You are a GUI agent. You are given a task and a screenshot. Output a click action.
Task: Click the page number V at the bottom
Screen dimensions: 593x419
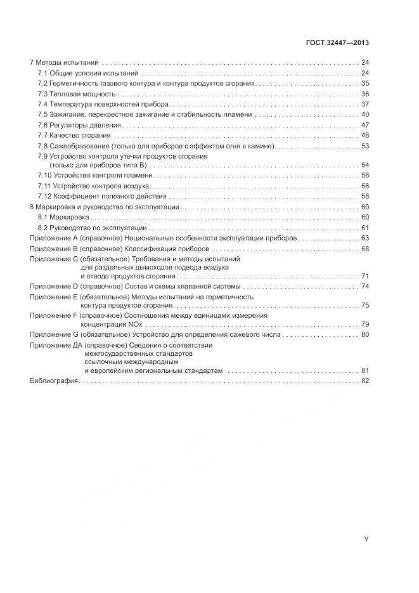tap(366, 538)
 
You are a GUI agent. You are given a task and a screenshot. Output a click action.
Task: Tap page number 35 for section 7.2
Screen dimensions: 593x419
tap(364, 84)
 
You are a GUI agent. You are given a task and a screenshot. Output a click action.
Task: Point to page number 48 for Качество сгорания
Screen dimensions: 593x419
tap(364, 135)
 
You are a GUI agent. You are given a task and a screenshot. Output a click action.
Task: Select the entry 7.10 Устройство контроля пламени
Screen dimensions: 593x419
tap(95, 176)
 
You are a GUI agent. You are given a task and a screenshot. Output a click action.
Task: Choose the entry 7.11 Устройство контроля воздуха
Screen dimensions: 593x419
tap(94, 186)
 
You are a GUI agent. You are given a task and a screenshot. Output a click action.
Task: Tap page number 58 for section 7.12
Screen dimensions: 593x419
tap(364, 197)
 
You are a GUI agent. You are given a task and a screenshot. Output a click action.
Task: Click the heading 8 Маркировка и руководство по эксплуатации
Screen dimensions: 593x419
tap(105, 207)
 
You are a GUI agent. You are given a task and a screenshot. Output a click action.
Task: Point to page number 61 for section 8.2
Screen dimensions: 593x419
tap(364, 228)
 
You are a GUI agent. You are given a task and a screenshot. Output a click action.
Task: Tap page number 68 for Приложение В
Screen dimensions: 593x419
tap(364, 249)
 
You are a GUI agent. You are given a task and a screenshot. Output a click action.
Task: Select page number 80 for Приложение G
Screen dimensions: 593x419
tap(364, 334)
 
